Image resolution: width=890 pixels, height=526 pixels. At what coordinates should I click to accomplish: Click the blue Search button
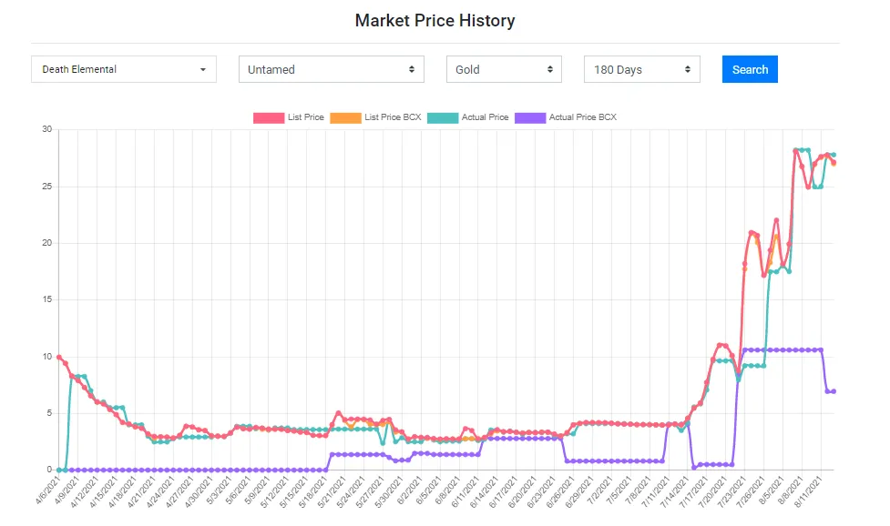click(x=750, y=69)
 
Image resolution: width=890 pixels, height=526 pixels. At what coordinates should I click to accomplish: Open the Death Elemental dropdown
click(x=124, y=69)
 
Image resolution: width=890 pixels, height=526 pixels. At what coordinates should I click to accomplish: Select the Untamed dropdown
click(x=332, y=69)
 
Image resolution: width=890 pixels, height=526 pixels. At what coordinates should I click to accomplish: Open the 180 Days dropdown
click(x=642, y=69)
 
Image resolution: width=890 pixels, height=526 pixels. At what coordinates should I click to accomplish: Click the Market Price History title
click(x=435, y=20)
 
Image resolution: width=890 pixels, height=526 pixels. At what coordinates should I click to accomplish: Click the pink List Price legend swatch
click(x=268, y=117)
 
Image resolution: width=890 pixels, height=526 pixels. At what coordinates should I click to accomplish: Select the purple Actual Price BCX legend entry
click(x=566, y=117)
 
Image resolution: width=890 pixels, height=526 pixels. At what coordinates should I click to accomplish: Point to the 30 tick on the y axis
click(x=46, y=129)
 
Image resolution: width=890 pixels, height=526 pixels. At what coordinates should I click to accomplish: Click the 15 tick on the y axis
click(x=46, y=299)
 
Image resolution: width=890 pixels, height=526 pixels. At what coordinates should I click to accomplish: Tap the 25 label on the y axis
click(x=46, y=187)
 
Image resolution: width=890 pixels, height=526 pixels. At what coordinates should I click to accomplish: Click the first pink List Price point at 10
click(x=58, y=357)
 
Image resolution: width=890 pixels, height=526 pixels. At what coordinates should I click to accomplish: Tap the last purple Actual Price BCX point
click(x=834, y=391)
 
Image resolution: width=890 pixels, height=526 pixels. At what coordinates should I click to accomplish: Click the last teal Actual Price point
click(x=834, y=155)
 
